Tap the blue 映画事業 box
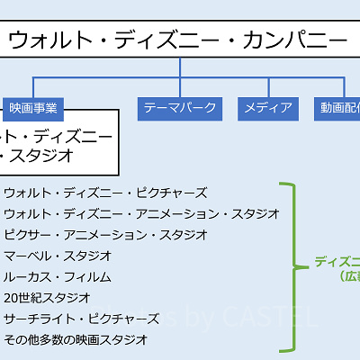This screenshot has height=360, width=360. pos(33,109)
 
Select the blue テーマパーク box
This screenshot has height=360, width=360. pos(180,109)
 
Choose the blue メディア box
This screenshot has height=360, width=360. pos(268,109)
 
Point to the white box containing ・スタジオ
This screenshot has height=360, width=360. pos(58,145)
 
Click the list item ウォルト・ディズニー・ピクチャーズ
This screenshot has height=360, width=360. pos(105,193)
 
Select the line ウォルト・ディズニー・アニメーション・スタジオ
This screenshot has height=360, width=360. pos(141,213)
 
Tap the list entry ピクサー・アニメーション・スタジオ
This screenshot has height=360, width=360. pos(105,234)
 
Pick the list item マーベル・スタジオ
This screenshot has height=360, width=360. pos(58,255)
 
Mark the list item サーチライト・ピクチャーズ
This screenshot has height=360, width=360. pos(87,317)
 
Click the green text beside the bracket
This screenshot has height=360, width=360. pos(338,268)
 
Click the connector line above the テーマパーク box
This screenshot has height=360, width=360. pos(180,88)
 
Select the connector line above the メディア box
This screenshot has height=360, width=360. pos(268,88)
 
